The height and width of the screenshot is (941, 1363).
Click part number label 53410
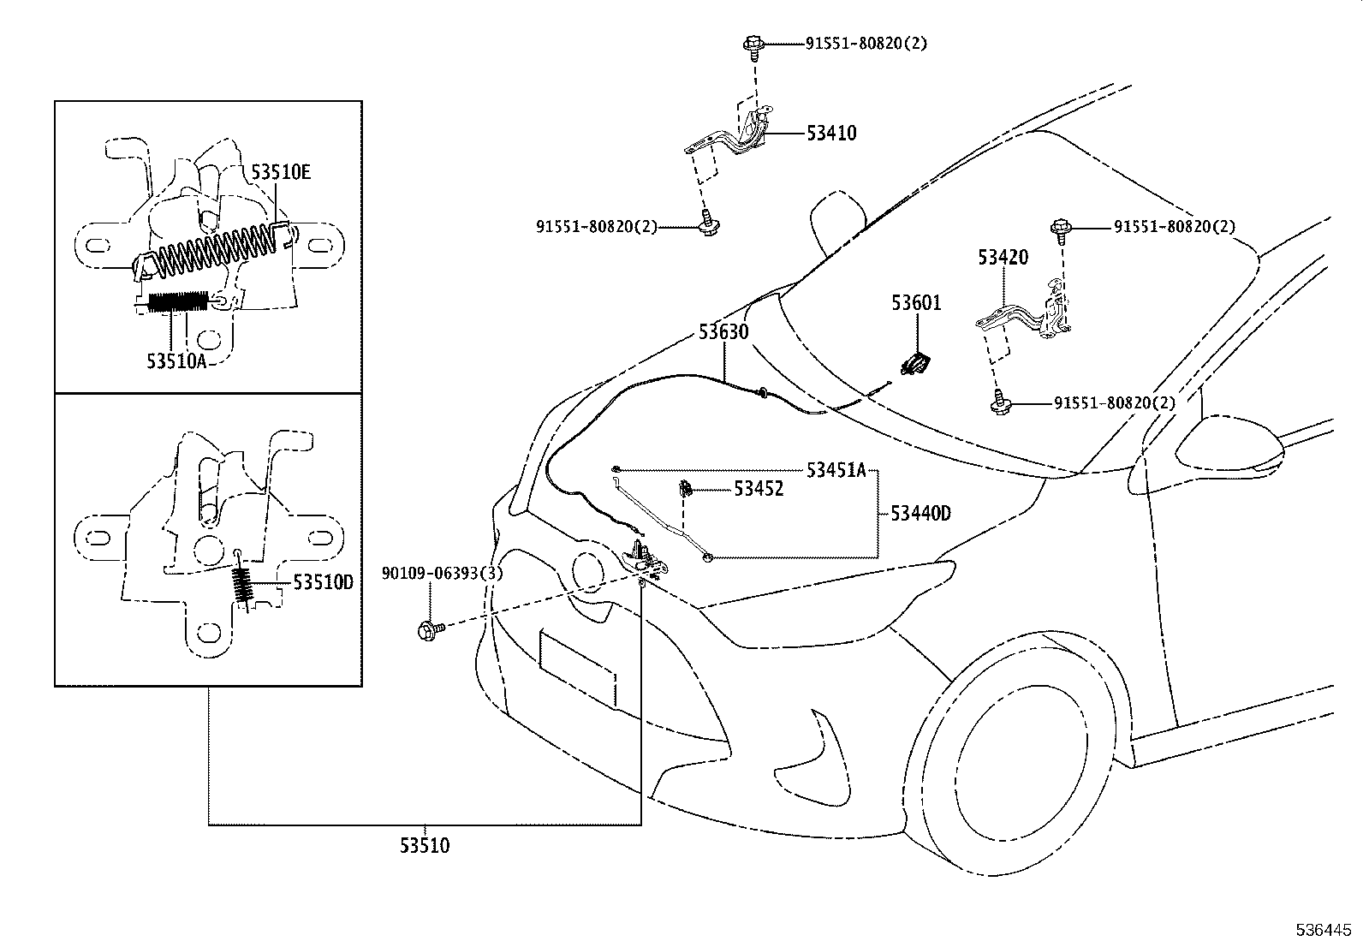click(x=830, y=134)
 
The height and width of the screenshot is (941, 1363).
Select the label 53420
click(x=1003, y=257)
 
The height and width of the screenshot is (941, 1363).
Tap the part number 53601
click(x=916, y=303)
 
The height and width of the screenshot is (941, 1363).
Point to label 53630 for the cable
click(x=723, y=331)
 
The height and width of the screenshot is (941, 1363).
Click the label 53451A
click(x=836, y=469)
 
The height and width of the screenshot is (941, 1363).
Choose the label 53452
click(x=759, y=490)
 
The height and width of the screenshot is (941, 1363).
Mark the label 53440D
click(x=920, y=514)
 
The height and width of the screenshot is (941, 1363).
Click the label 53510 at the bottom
click(x=424, y=846)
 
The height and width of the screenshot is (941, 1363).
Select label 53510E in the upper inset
click(x=281, y=172)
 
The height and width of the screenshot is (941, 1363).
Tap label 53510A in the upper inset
click(x=176, y=360)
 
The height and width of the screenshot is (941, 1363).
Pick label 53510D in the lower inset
click(x=323, y=582)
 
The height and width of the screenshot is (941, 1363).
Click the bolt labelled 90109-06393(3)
click(x=429, y=630)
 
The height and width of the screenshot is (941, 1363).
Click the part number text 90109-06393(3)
click(x=442, y=574)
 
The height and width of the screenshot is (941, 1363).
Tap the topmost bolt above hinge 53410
click(x=753, y=45)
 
